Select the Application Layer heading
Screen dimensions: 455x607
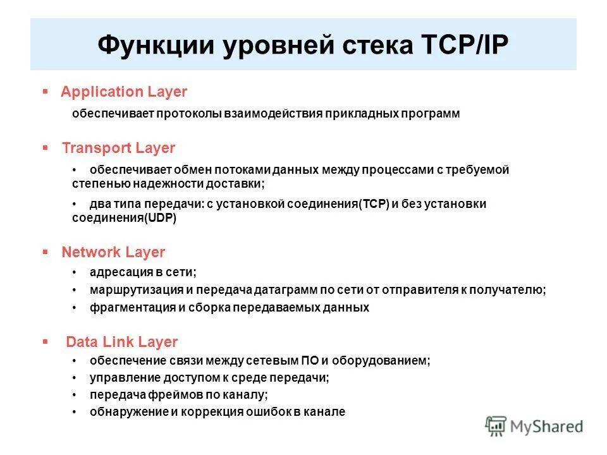(124, 92)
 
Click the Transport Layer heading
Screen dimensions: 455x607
(118, 148)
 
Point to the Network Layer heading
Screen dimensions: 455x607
(113, 252)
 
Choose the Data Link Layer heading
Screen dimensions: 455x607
(122, 342)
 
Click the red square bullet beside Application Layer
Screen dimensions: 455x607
(45, 92)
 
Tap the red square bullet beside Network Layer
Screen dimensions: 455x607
(45, 252)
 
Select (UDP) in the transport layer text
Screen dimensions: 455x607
(161, 218)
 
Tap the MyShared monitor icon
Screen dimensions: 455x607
(497, 425)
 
